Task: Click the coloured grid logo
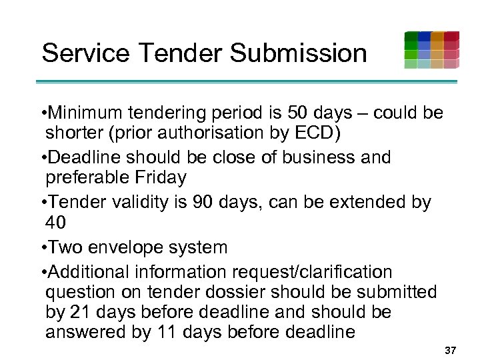click(431, 50)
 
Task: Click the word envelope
click(127, 247)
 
